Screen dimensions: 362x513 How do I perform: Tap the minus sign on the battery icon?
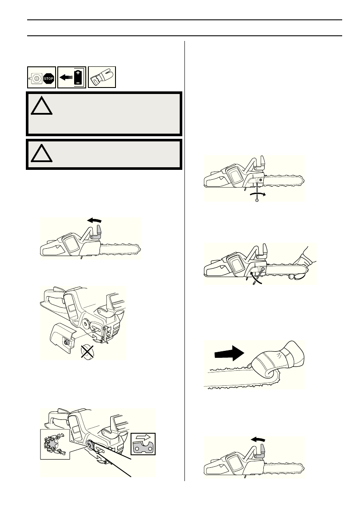[x=78, y=82]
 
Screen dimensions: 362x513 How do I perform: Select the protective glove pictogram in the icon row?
[x=102, y=78]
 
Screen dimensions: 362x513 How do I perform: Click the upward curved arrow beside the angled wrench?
[x=254, y=276]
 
